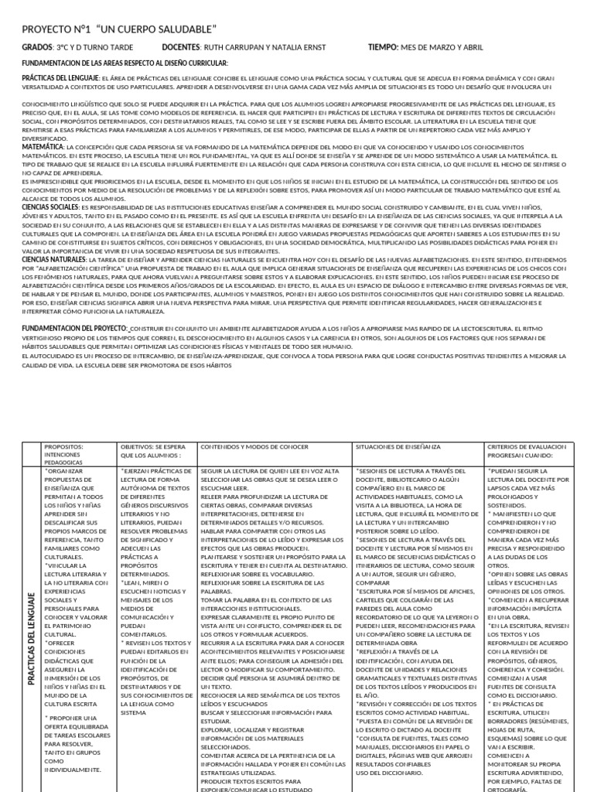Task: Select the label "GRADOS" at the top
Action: pos(37,48)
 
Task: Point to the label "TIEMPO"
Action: pos(383,48)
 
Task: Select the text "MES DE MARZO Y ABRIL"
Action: pos(442,48)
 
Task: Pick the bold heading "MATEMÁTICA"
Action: pos(43,146)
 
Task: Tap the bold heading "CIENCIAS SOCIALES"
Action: pos(50,207)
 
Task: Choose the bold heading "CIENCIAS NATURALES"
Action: pos(53,261)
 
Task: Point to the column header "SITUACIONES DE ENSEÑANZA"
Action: pos(398,447)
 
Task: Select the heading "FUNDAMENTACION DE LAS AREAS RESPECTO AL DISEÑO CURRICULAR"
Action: pos(125,63)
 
